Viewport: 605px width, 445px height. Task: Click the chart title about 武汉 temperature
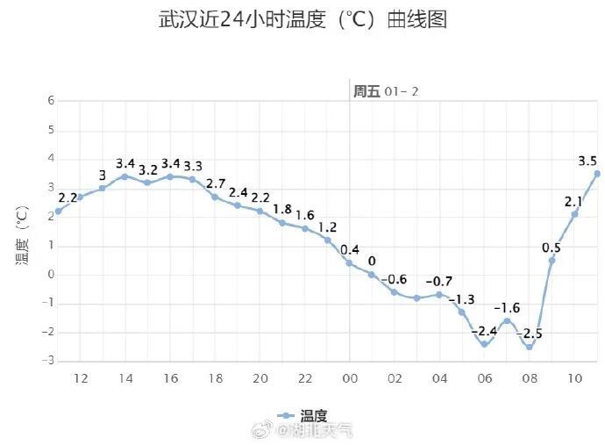coord(302,20)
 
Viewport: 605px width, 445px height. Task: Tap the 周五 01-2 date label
coord(387,91)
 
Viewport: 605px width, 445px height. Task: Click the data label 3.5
coord(587,161)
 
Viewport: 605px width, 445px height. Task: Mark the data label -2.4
coord(485,331)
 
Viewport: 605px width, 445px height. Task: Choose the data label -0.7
coord(438,281)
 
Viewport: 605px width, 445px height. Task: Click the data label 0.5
coord(552,248)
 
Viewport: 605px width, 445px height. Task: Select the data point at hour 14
coord(125,176)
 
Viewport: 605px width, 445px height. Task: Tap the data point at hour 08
coord(530,347)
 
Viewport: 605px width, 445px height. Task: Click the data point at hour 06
coord(484,344)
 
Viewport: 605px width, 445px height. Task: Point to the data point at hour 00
coord(349,262)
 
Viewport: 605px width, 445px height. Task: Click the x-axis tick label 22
coord(305,378)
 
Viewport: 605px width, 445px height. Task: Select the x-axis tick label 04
coord(439,378)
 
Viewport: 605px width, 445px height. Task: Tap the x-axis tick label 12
coord(80,378)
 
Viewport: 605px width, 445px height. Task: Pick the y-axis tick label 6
coord(51,101)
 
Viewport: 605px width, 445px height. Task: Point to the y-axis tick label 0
coord(51,274)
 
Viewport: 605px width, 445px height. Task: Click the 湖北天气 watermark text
coord(315,430)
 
